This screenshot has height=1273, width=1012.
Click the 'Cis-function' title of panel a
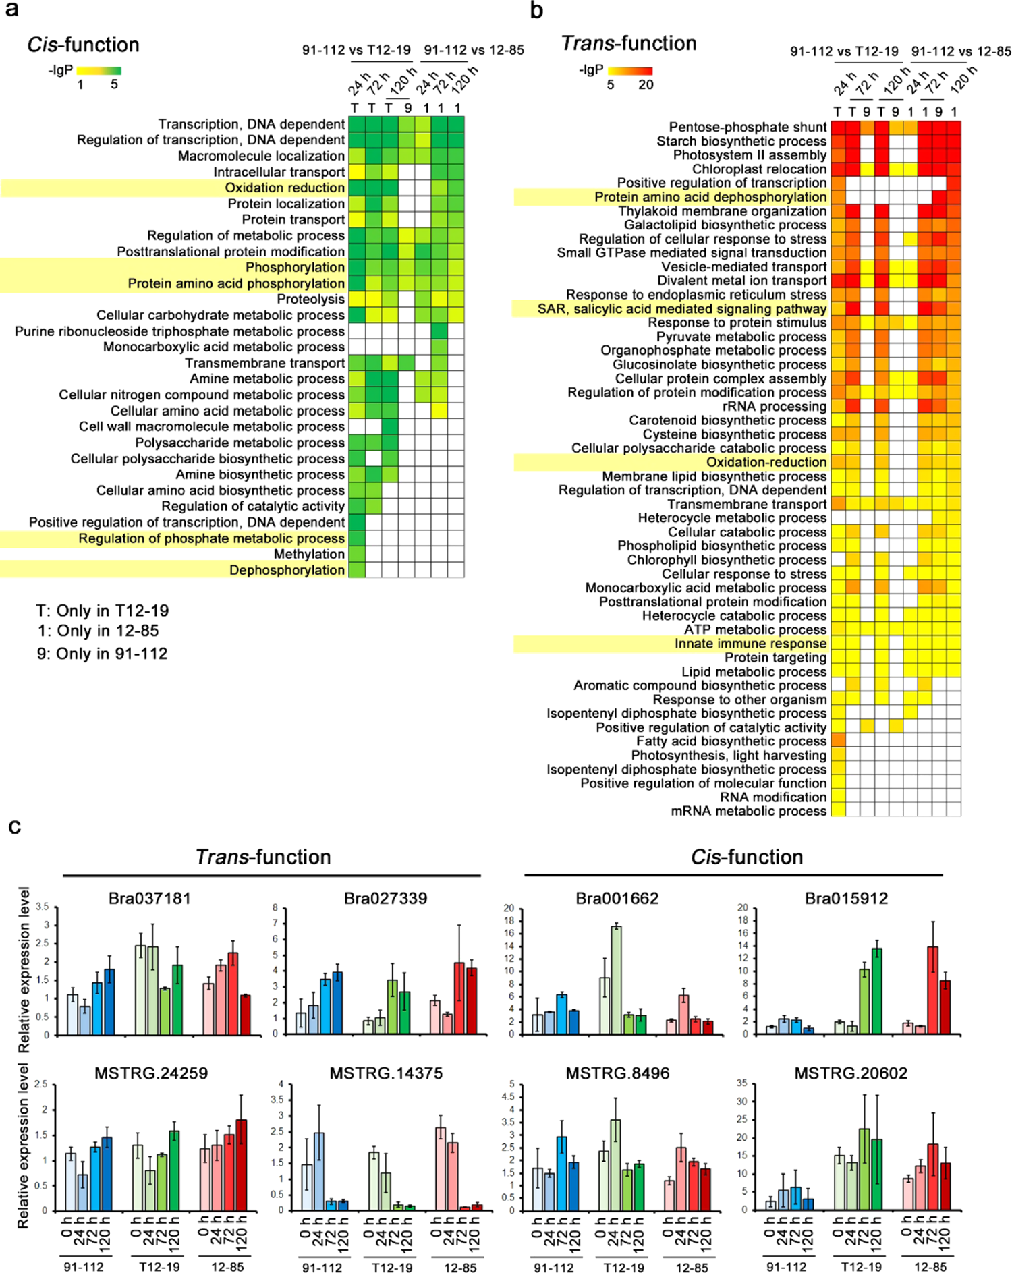(83, 45)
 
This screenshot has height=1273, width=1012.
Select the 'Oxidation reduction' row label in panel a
(285, 188)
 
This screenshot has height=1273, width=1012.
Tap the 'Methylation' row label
(309, 554)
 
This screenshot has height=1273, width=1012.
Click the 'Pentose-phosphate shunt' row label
(748, 127)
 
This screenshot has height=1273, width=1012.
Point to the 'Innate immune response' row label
(750, 644)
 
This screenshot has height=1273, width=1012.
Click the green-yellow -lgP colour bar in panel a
(99, 70)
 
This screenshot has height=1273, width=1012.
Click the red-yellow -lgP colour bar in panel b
(629, 70)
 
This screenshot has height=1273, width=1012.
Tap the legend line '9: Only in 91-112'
(102, 653)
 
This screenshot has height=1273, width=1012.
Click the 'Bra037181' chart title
(150, 898)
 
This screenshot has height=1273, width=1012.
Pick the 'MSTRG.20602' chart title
(850, 1073)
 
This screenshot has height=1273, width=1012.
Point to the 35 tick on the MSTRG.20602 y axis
(741, 1083)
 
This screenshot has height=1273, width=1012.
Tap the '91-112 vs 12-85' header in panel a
(474, 49)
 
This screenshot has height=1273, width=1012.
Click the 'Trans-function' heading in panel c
(263, 857)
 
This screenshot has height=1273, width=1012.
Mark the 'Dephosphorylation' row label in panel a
(287, 570)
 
